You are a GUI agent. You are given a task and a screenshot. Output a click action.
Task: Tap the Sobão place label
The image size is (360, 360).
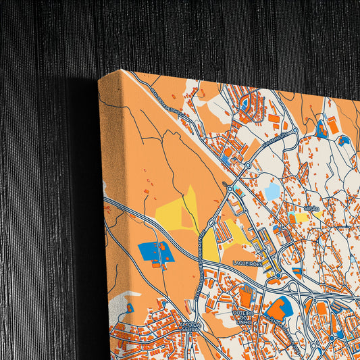[311, 210]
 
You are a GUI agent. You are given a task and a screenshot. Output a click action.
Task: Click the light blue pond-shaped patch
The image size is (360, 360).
[272, 192]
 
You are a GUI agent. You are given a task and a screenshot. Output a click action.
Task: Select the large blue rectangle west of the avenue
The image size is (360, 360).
[156, 252]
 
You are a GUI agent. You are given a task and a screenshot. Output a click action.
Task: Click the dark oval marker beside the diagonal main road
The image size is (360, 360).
[225, 183]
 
